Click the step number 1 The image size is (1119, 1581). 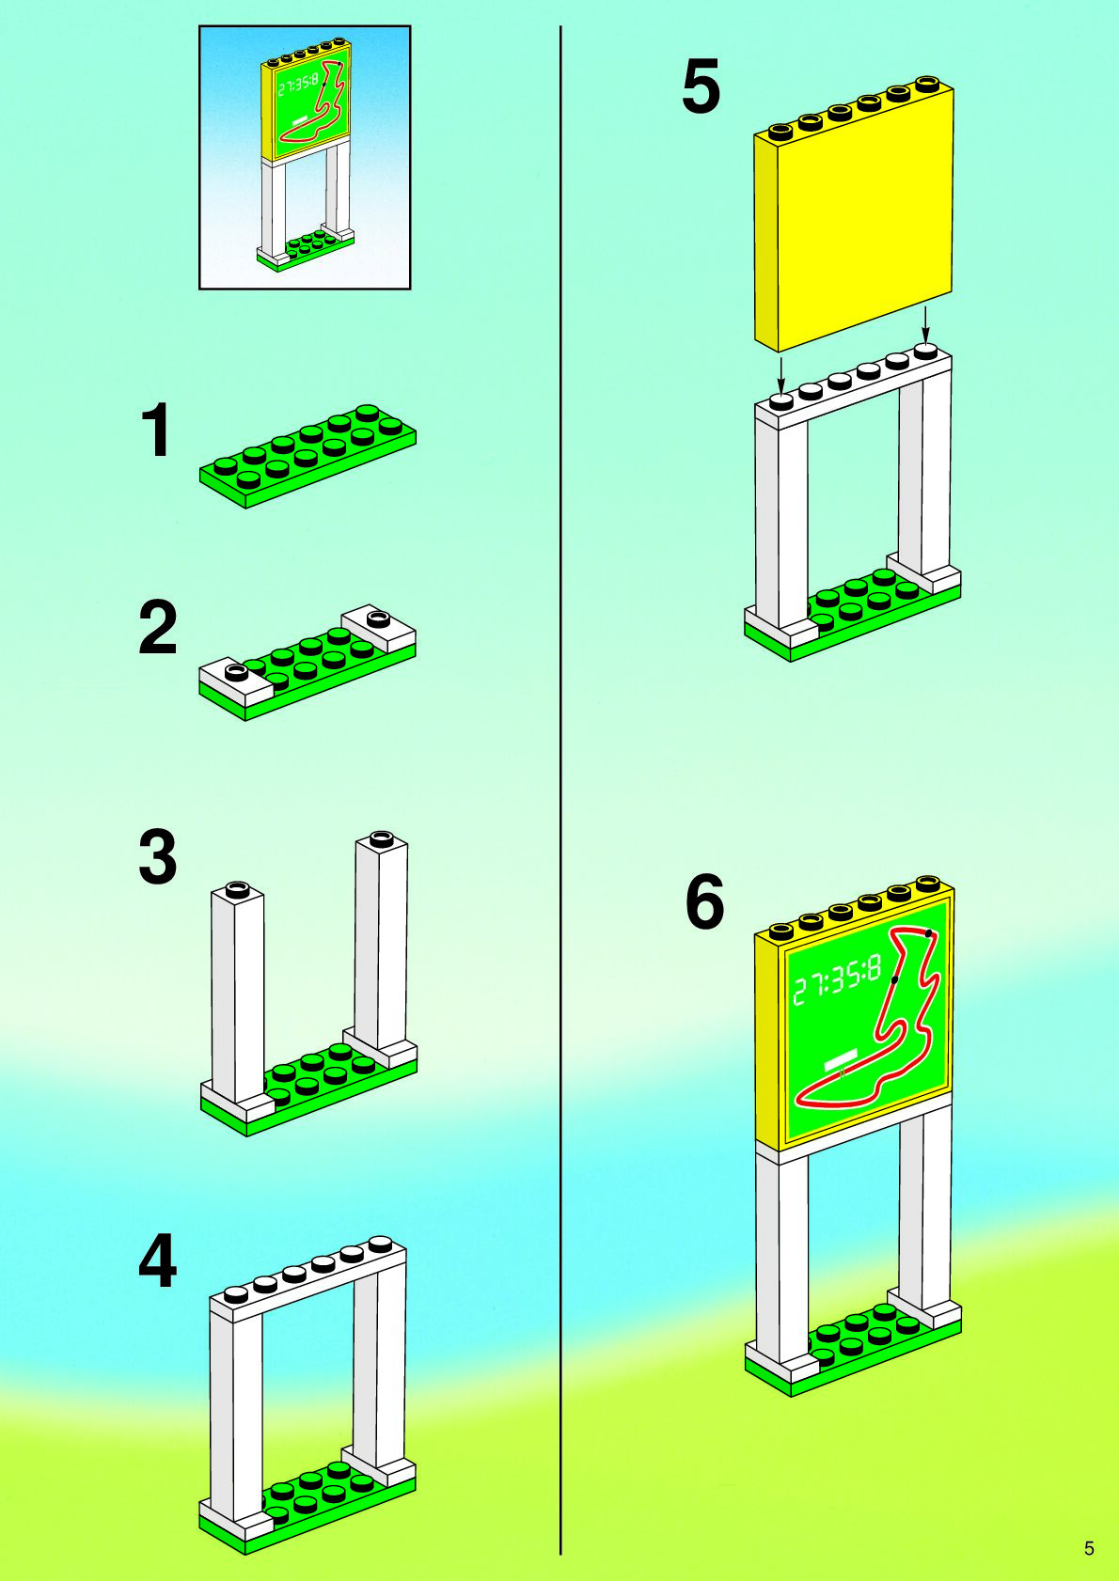(156, 431)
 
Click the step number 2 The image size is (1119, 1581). (157, 628)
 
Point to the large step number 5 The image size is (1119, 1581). (701, 86)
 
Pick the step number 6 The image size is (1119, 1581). (704, 901)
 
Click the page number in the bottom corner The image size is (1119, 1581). (1089, 1549)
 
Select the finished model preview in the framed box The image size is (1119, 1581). (305, 157)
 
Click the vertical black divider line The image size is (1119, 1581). (560, 790)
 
